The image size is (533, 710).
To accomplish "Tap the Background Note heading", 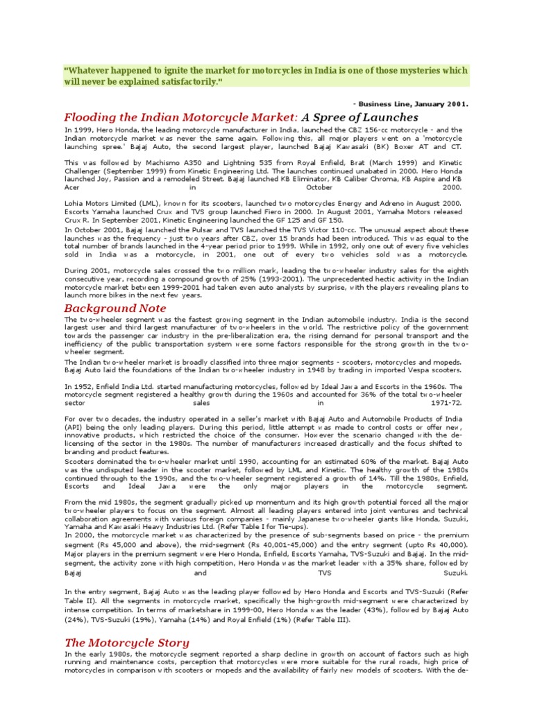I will point(115,308).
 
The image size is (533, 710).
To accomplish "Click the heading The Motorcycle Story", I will point(126,642).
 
